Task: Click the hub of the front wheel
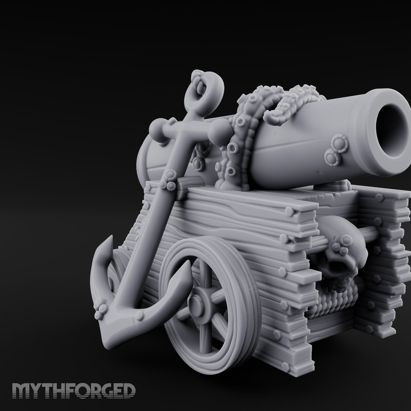coord(197,303)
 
